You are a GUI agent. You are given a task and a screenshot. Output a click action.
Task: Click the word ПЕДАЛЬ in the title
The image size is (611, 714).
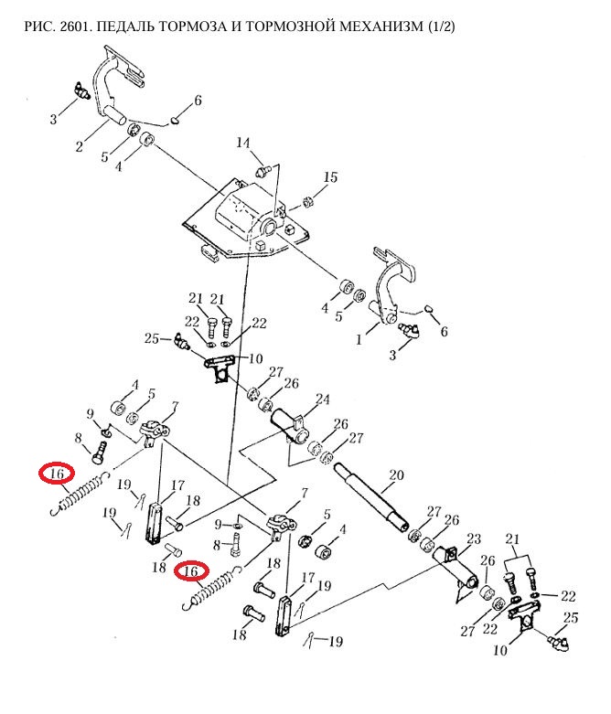(x=125, y=26)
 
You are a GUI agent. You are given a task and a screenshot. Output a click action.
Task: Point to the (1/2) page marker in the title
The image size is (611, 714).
(x=442, y=26)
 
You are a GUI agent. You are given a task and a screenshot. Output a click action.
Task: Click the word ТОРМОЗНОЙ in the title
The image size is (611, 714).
(x=288, y=26)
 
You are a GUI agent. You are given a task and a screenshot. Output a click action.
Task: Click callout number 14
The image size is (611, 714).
(x=243, y=143)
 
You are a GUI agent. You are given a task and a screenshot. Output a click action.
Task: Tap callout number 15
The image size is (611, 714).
(x=330, y=176)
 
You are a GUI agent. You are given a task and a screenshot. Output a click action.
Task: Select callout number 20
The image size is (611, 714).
(x=396, y=475)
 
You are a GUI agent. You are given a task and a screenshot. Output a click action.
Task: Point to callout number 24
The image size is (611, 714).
(x=323, y=400)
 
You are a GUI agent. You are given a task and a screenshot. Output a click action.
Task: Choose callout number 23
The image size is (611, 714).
(x=474, y=539)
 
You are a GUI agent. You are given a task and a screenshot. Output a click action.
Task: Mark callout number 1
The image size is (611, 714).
(x=359, y=339)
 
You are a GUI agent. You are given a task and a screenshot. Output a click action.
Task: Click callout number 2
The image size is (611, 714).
(x=80, y=146)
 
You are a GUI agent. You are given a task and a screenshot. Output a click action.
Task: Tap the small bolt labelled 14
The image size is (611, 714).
(x=263, y=172)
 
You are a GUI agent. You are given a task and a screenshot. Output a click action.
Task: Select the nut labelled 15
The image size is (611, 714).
(x=308, y=199)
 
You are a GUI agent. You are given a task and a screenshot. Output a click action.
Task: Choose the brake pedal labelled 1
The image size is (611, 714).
(x=392, y=287)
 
